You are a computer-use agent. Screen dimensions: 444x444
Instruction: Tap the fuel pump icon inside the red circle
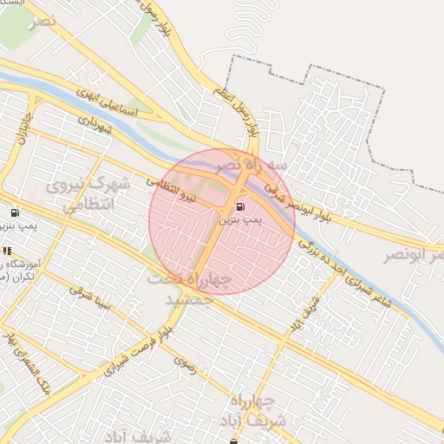[239, 206]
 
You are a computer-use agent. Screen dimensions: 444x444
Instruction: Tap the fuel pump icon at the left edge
[15, 213]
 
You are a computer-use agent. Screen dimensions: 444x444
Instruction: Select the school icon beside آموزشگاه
[8, 251]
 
